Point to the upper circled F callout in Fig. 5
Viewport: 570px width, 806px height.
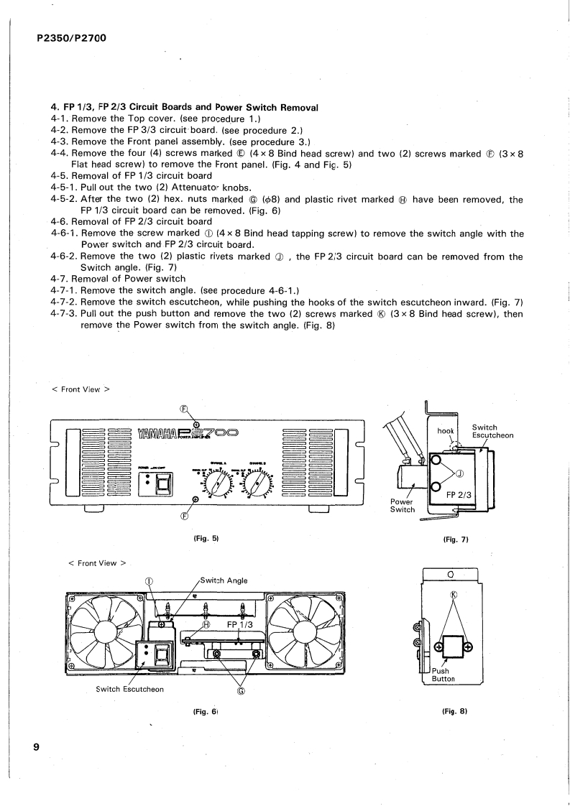coord(183,407)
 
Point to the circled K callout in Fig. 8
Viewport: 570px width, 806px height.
coord(453,596)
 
